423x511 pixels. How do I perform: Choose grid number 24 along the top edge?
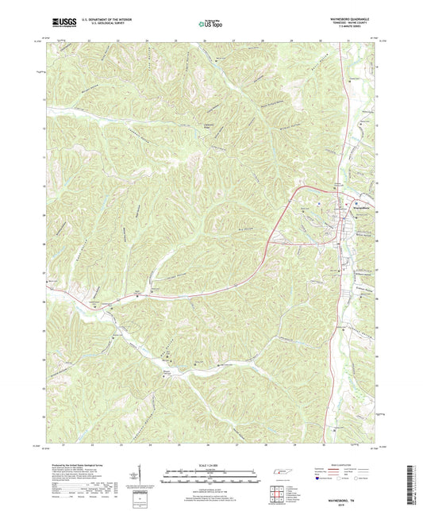pyautogui.click(x=148, y=40)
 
